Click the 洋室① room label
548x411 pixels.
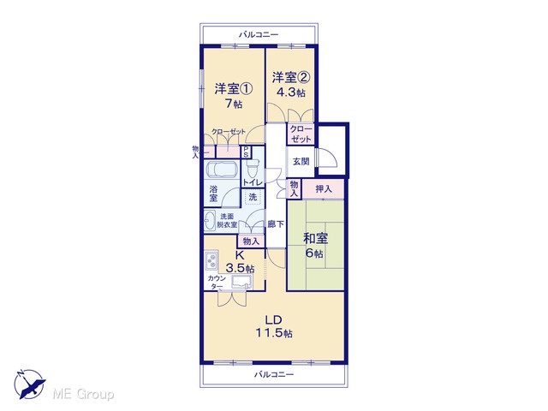tap(233, 89)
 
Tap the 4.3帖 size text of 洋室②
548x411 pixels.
tap(291, 92)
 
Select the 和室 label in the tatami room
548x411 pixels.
tap(315, 238)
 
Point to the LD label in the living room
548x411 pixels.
tap(273, 319)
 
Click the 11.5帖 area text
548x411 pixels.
tap(274, 333)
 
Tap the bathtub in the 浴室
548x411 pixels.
tap(222, 170)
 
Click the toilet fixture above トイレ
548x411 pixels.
tap(253, 169)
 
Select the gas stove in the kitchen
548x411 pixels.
tap(211, 261)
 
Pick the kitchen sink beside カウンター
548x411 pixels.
tap(241, 282)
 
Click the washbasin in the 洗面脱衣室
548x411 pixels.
tap(209, 221)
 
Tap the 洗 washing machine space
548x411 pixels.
tap(253, 197)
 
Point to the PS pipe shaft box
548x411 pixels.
tap(246, 152)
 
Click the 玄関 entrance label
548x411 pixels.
tap(301, 162)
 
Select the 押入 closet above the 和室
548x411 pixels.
tap(324, 189)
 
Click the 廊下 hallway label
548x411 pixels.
tap(276, 224)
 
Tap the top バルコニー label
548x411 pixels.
tap(259, 34)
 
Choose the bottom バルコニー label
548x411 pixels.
tap(274, 375)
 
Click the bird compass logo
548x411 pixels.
tap(30, 384)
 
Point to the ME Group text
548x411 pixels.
tap(83, 394)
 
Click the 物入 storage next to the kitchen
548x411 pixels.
tap(251, 241)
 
